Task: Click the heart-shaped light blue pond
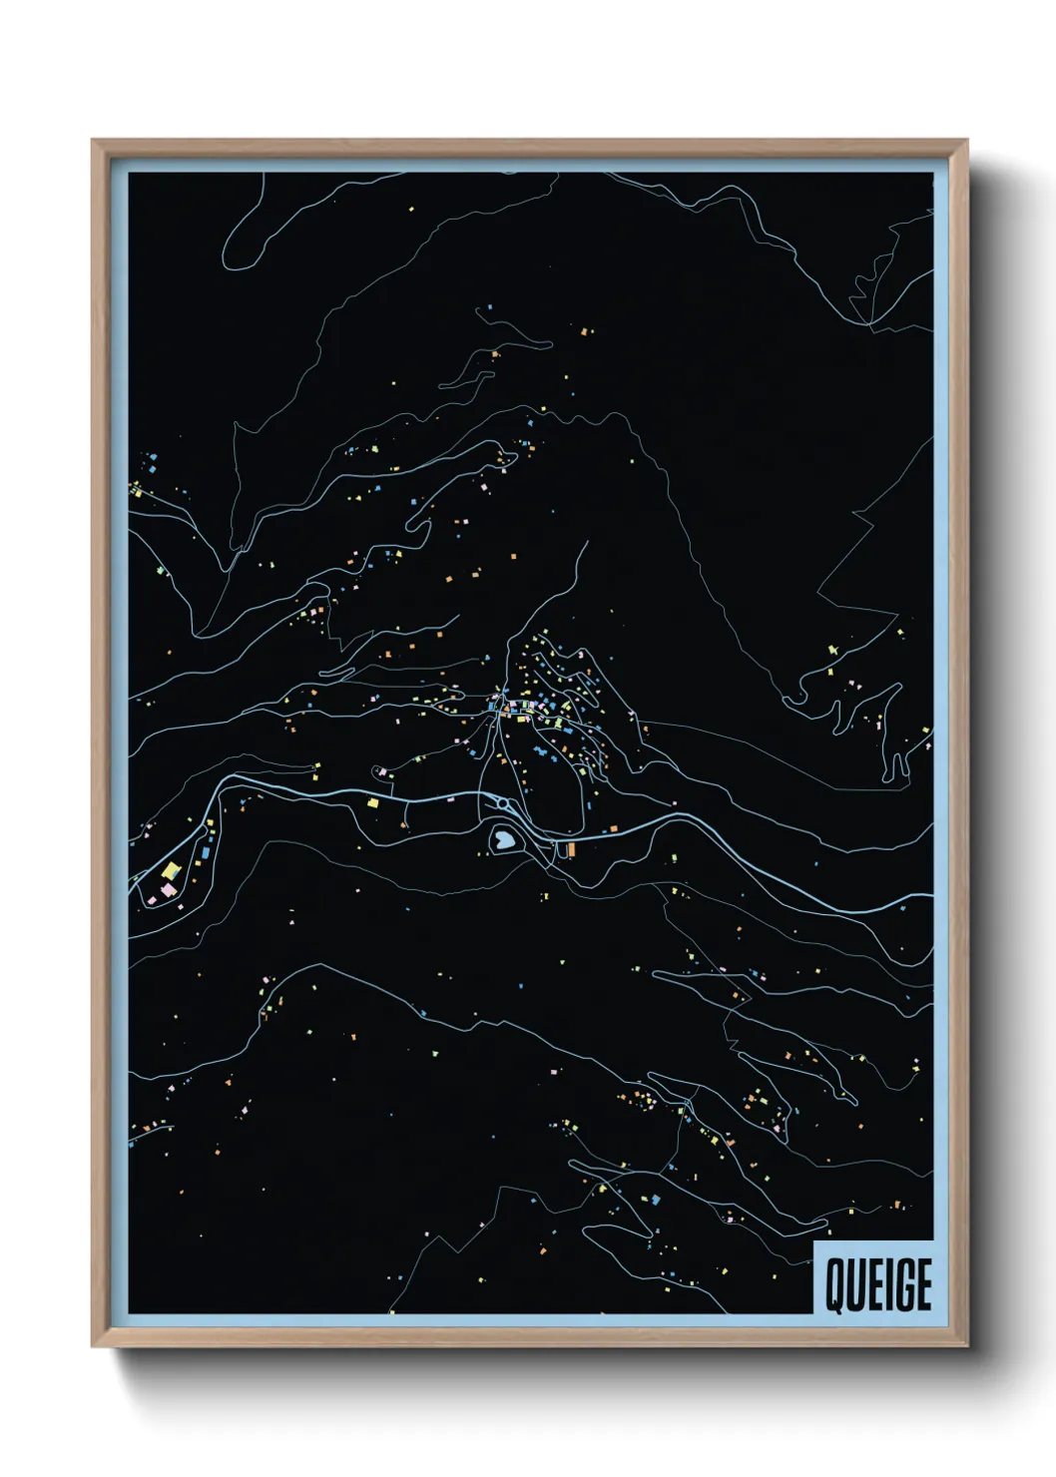click(503, 840)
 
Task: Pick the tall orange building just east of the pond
click(572, 848)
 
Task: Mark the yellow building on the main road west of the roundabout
click(373, 800)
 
